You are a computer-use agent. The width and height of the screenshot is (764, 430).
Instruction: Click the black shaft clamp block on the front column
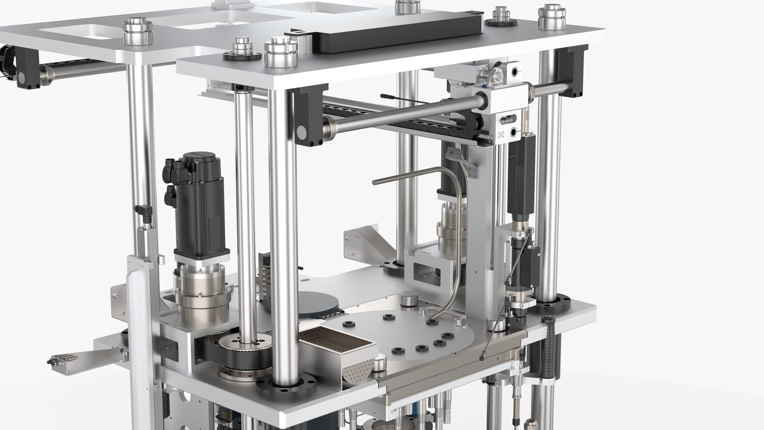pos(306,119)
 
